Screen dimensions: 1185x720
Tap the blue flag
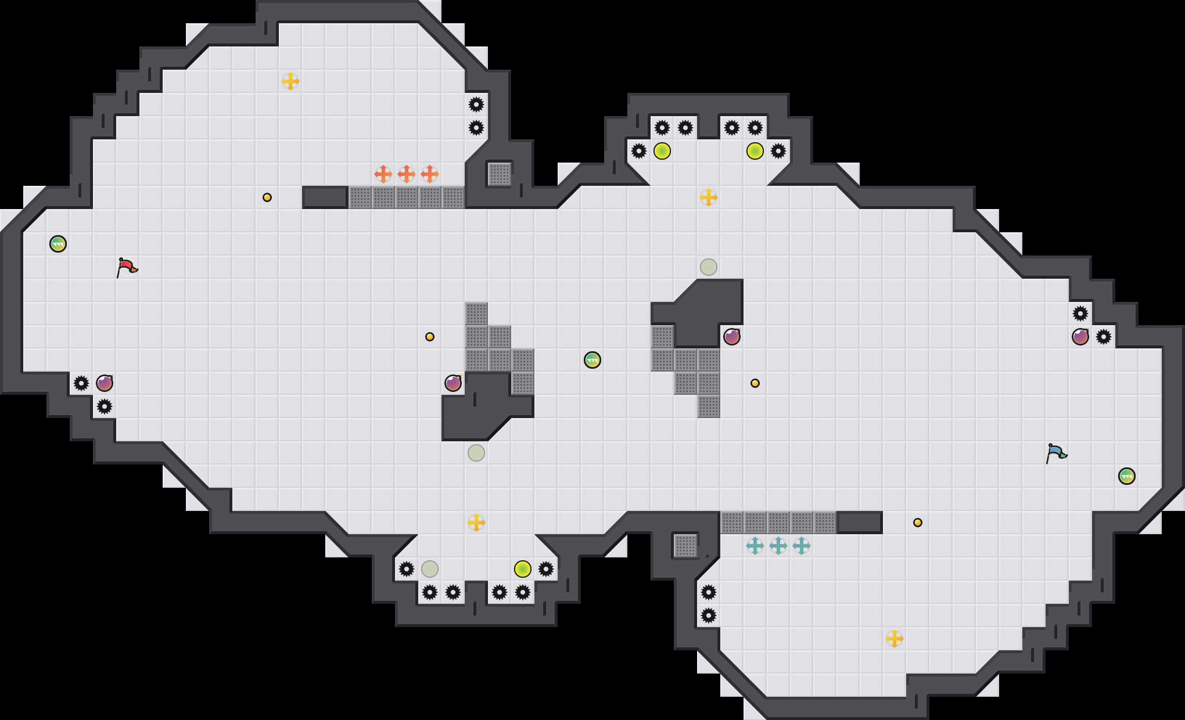tap(1056, 453)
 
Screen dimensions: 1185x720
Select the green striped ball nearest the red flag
tap(58, 244)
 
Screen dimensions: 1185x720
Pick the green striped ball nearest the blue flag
tap(1127, 476)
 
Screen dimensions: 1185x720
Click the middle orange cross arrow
tap(407, 174)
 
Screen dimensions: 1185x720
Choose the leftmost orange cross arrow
tap(383, 174)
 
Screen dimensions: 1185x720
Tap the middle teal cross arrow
tap(778, 546)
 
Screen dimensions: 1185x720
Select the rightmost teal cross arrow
tap(802, 546)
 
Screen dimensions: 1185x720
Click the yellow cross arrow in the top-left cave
tap(290, 81)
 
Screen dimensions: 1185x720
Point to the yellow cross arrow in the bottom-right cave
tap(895, 639)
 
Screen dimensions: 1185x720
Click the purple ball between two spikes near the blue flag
tap(1080, 337)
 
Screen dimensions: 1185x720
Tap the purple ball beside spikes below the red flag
tap(105, 383)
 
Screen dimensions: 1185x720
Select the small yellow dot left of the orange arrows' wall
tap(267, 197)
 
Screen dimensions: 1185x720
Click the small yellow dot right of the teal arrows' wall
tap(918, 523)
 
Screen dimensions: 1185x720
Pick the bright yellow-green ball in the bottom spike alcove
tap(523, 569)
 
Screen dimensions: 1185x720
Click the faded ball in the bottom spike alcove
tap(430, 569)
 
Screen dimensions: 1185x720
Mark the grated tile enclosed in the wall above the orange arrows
tap(500, 174)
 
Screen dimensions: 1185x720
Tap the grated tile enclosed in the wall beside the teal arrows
tap(685, 546)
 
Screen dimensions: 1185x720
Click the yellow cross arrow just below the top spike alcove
tap(709, 197)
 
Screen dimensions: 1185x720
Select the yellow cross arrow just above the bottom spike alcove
tap(476, 523)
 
